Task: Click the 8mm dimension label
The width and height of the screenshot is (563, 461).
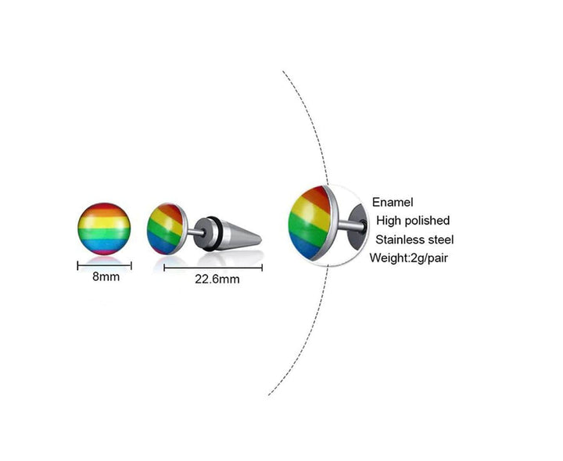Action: click(x=106, y=276)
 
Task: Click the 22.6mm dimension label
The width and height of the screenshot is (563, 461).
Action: click(x=217, y=279)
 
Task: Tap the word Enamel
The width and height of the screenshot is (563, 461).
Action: click(x=393, y=202)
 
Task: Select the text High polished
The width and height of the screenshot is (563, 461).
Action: click(x=413, y=220)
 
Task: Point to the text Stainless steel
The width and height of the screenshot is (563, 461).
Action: click(x=414, y=240)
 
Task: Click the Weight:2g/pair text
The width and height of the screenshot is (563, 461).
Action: click(x=409, y=258)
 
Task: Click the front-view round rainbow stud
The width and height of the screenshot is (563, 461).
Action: click(x=104, y=229)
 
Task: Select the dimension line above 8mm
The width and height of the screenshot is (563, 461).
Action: click(x=105, y=266)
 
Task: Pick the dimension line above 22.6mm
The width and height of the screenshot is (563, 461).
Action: click(x=213, y=268)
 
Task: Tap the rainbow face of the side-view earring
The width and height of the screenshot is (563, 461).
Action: click(x=166, y=229)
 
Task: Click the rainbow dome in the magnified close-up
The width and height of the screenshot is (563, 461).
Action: click(x=310, y=222)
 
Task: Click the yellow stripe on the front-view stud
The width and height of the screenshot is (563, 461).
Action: click(x=104, y=222)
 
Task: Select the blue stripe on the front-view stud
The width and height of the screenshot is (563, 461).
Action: click(x=104, y=245)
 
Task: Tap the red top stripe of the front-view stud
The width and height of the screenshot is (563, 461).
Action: click(x=104, y=207)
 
